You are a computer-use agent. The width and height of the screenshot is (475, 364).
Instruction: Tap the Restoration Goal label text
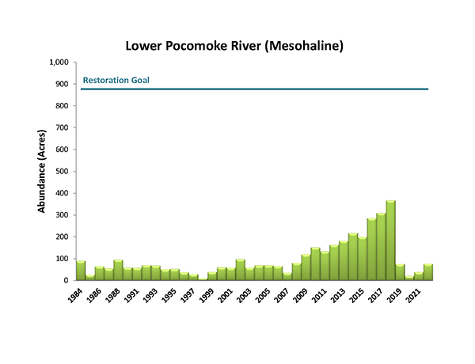click(x=116, y=81)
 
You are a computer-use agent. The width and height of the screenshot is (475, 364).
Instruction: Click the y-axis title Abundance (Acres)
click(x=42, y=171)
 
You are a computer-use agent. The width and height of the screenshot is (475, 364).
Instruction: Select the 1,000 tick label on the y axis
click(x=59, y=63)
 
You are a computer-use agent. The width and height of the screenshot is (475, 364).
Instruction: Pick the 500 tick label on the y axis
click(x=63, y=171)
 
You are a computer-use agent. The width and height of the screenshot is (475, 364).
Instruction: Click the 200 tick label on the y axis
click(x=63, y=237)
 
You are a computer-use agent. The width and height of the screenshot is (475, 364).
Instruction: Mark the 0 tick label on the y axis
click(x=67, y=280)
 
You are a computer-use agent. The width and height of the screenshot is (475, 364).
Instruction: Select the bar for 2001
click(x=240, y=270)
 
